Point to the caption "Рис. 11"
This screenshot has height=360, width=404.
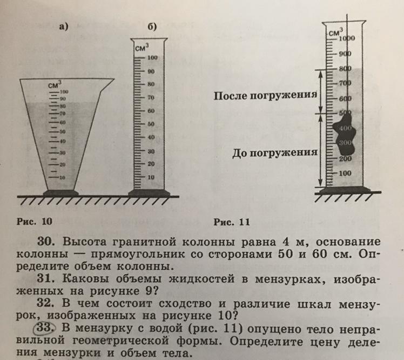point(232,221)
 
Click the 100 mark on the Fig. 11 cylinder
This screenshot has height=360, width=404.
point(345,174)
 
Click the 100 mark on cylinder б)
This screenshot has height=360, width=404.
point(152,58)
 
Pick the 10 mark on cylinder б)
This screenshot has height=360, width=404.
point(152,177)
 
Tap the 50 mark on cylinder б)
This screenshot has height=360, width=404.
point(152,124)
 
